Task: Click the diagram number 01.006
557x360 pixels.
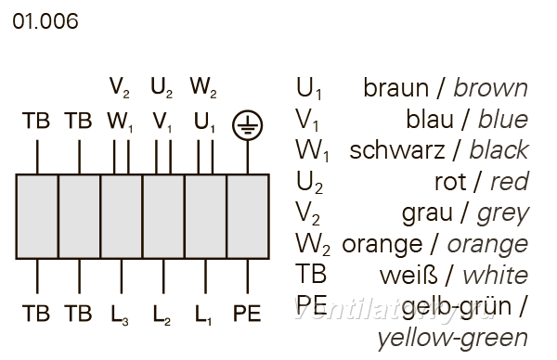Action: [x=45, y=21]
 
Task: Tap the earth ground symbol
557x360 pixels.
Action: [x=248, y=125]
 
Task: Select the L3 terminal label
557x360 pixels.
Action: [x=120, y=315]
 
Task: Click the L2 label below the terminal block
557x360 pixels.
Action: [x=162, y=315]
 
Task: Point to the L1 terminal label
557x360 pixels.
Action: [x=203, y=315]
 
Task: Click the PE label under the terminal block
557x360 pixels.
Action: [x=247, y=313]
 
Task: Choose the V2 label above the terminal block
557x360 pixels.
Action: [x=120, y=88]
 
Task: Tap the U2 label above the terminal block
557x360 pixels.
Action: [x=162, y=88]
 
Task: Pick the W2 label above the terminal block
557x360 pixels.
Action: [x=203, y=88]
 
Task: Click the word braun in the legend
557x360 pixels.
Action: [x=395, y=88]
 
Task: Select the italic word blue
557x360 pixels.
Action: [x=503, y=119]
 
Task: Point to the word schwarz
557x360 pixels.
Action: [x=397, y=150]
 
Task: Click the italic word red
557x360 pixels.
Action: [x=510, y=182]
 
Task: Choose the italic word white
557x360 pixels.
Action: [x=496, y=276]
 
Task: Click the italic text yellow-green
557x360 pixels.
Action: [x=453, y=339]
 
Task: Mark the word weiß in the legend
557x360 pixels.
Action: [x=408, y=276]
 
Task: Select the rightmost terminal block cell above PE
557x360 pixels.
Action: [x=248, y=216]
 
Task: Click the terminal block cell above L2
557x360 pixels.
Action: [x=163, y=216]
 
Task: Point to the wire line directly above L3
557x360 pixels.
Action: [x=122, y=276]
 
